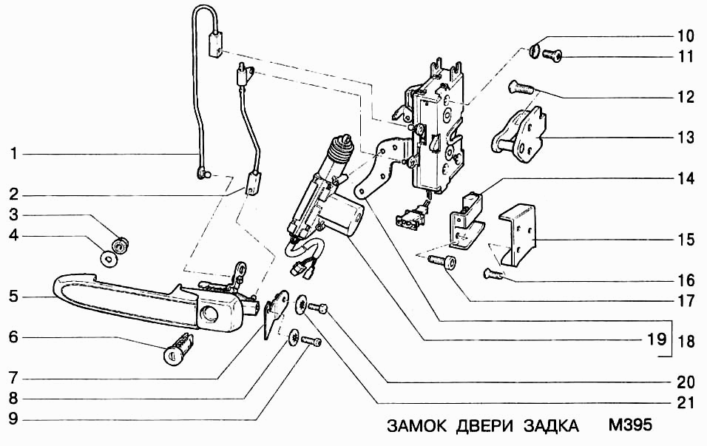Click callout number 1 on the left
point(13,155)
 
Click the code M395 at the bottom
point(629,428)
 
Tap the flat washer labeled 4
point(110,259)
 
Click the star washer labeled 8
point(294,335)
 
